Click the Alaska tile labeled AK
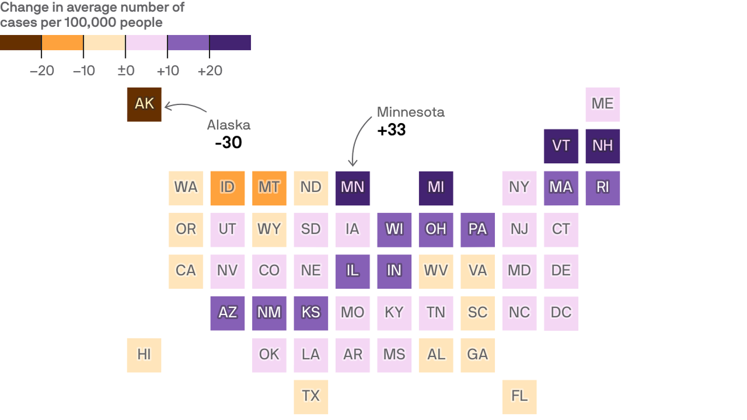point(144,104)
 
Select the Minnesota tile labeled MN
point(353,188)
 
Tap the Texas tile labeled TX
point(311,396)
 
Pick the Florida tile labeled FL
point(520,396)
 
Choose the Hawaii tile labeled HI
point(144,354)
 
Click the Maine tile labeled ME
point(603,104)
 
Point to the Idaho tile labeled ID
point(227,188)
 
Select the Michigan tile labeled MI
point(436,188)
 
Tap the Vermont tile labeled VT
point(561,146)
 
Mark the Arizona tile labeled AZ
point(227,313)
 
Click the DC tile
point(561,313)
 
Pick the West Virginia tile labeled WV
point(436,271)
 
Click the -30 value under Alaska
point(229,143)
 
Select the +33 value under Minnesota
point(392,130)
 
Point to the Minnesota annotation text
point(411,112)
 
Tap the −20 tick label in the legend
point(42,71)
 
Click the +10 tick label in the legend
point(167,71)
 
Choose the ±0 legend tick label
point(126,71)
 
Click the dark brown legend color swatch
point(21,43)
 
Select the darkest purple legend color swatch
point(230,43)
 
